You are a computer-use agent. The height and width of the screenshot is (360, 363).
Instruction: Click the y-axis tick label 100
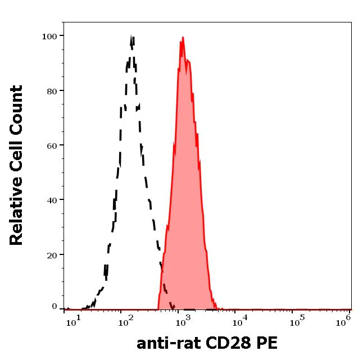(x=50, y=37)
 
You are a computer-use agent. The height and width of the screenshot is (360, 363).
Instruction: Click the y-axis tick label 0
(x=55, y=307)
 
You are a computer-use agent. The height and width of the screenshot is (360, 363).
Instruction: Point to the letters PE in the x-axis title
(x=266, y=343)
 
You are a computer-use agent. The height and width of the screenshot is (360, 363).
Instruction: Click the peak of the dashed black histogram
(x=131, y=37)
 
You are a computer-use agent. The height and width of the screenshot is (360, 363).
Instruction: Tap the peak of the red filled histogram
(x=183, y=38)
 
